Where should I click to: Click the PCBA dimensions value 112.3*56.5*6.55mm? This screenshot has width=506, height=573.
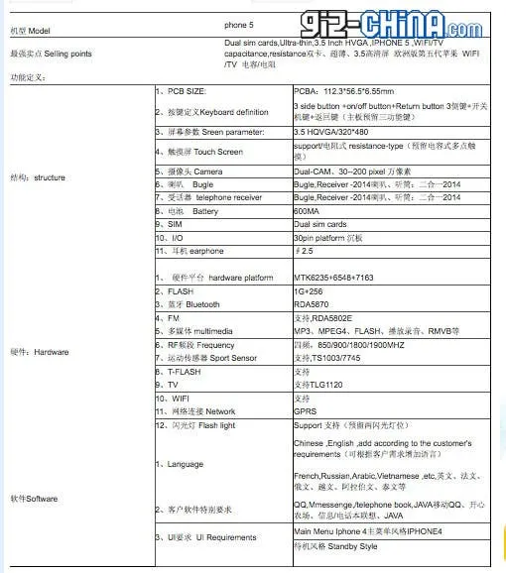(x=345, y=90)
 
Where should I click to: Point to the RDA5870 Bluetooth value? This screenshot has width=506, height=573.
(x=314, y=304)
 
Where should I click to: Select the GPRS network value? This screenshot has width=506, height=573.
(x=307, y=410)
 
